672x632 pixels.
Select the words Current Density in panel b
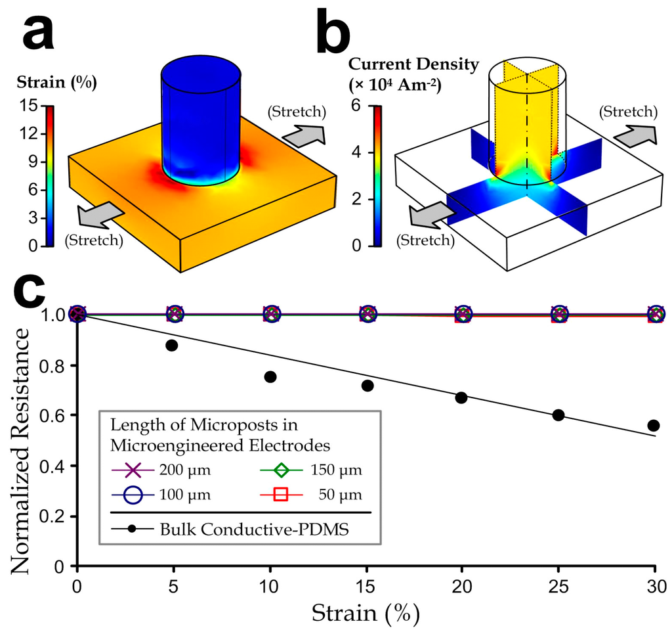tap(414, 64)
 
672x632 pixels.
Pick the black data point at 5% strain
tap(172, 345)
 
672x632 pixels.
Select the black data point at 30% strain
tap(654, 425)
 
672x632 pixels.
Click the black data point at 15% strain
tap(367, 386)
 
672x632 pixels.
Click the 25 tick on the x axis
tap(558, 586)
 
